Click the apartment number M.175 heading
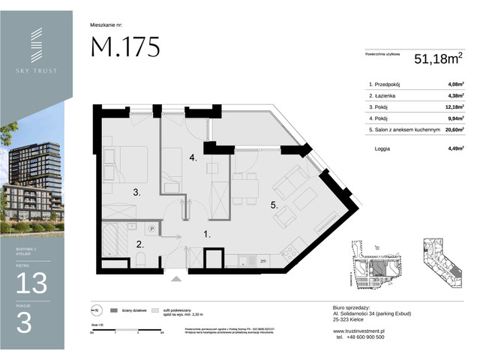[x=125, y=47]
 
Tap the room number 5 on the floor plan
[x=274, y=203]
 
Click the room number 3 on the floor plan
[x=137, y=193]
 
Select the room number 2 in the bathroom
[x=139, y=244]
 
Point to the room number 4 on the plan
[x=193, y=158]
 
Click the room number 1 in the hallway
[x=208, y=234]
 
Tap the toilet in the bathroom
[x=140, y=260]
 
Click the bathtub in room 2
[x=112, y=245]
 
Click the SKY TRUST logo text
[x=37, y=70]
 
